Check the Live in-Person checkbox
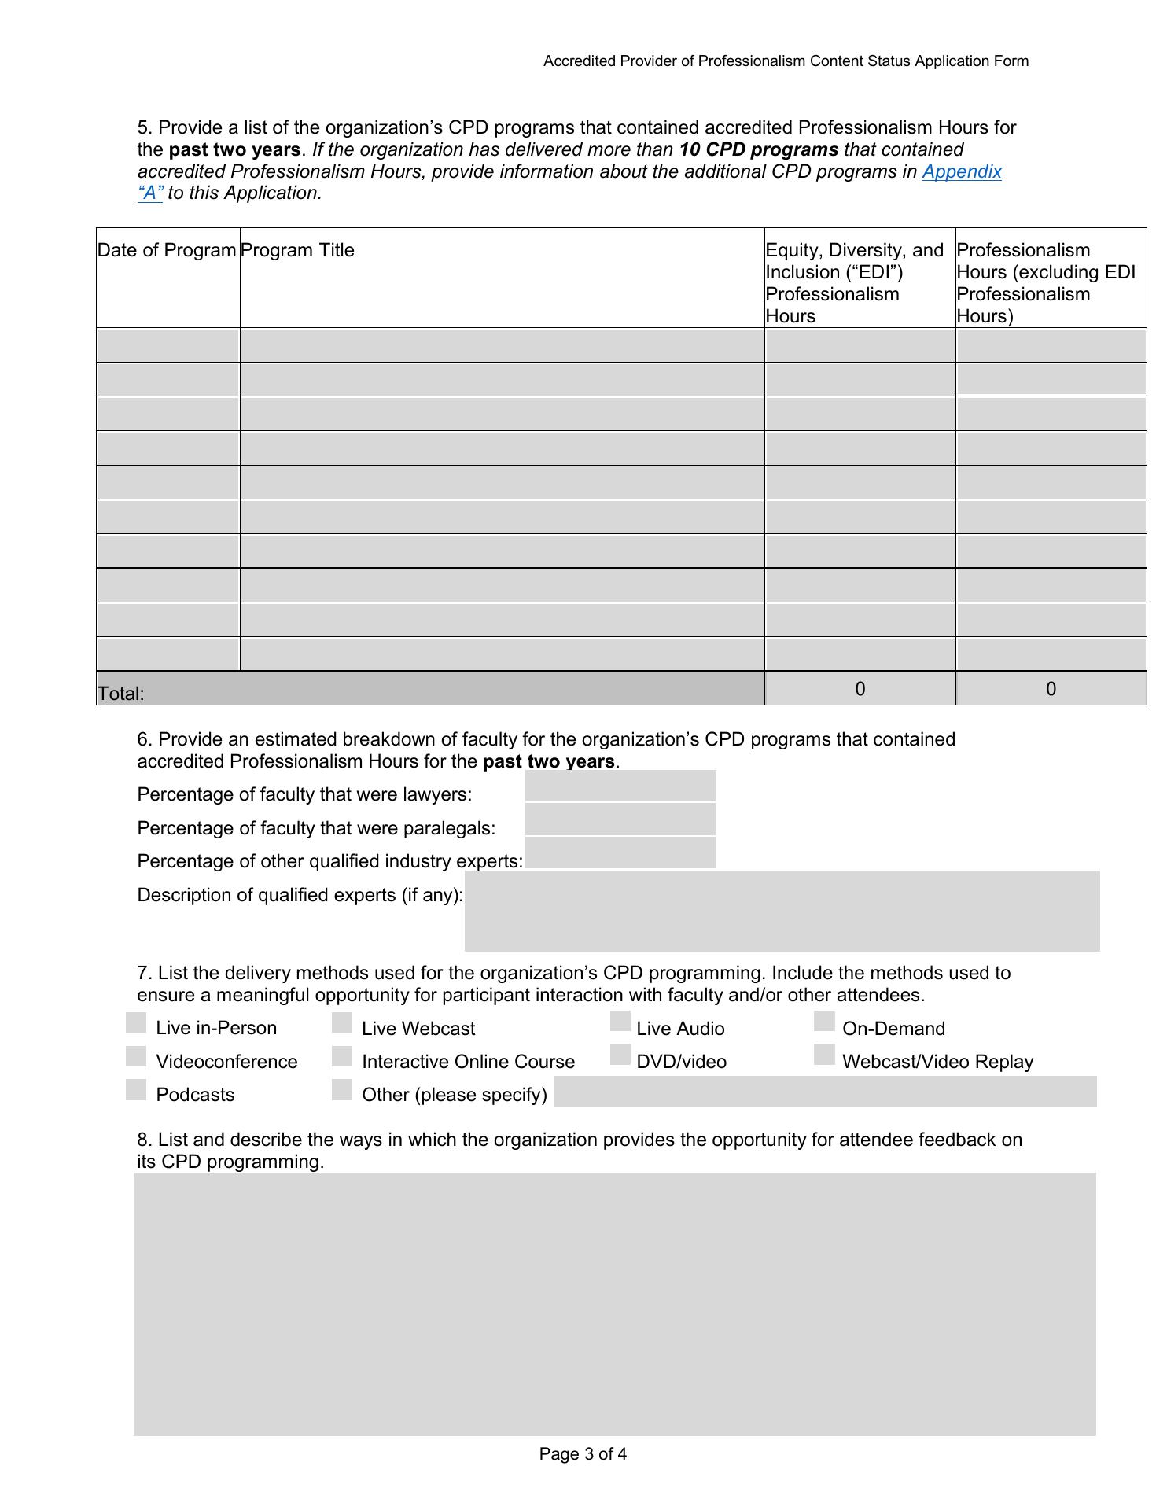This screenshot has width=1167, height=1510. point(136,1023)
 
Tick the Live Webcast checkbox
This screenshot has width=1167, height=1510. point(342,1023)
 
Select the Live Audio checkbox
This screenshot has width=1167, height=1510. point(620,1021)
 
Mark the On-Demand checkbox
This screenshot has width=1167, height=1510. point(824,1021)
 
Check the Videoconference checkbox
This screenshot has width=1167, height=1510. point(136,1056)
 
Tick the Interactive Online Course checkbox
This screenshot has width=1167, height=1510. point(342,1056)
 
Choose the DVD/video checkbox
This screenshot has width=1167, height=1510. point(620,1055)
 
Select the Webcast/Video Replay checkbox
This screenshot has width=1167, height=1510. point(824,1055)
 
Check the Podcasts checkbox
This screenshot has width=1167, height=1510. point(136,1089)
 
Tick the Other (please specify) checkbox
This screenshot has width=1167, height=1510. point(342,1089)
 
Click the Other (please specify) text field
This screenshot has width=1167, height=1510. point(825,1092)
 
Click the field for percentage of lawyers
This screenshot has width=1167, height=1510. point(620,786)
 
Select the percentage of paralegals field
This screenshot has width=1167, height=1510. point(620,819)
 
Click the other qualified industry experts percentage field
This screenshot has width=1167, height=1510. point(620,853)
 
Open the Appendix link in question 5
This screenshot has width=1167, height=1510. point(961,171)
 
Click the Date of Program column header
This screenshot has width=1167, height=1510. point(167,250)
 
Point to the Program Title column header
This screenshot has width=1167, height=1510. point(297,250)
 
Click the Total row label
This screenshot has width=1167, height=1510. point(121,694)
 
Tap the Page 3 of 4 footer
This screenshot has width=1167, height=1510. point(583,1454)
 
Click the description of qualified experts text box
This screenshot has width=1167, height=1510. point(782,911)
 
